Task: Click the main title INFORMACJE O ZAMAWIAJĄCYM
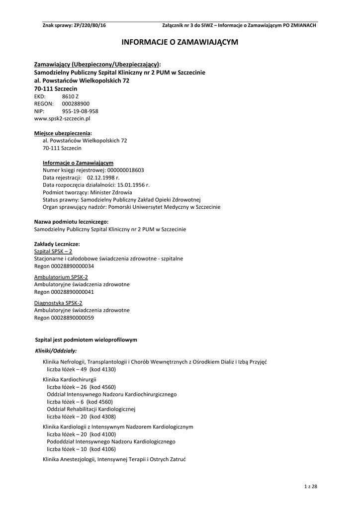(x=180, y=43)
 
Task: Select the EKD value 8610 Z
(x=70, y=96)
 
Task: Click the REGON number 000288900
(x=76, y=103)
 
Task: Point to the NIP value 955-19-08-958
(x=80, y=111)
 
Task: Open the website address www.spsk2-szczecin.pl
(x=62, y=119)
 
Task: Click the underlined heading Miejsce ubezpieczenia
(x=63, y=133)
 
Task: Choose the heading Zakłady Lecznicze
(x=57, y=244)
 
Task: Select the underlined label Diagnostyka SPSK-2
(x=58, y=303)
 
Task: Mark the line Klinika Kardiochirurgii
(x=70, y=379)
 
